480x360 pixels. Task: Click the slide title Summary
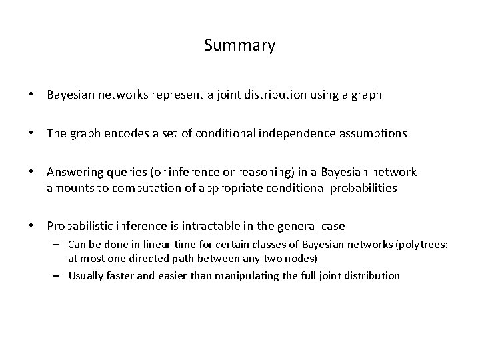(239, 45)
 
